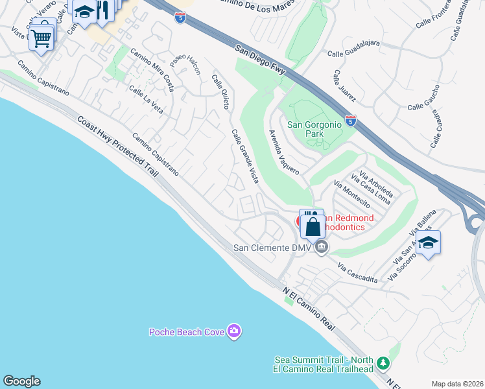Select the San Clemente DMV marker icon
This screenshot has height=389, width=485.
pos(321,247)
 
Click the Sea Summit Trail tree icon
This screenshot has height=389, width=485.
pos(383,362)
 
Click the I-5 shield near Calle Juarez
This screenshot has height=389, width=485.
pos(350,121)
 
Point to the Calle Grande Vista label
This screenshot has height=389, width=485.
pos(245,156)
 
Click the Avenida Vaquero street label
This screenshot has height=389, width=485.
pos(284,152)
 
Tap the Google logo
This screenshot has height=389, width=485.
pos(22,381)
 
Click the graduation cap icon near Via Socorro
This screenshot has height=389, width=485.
pos(428,243)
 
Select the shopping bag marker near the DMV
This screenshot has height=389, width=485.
pos(313,227)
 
